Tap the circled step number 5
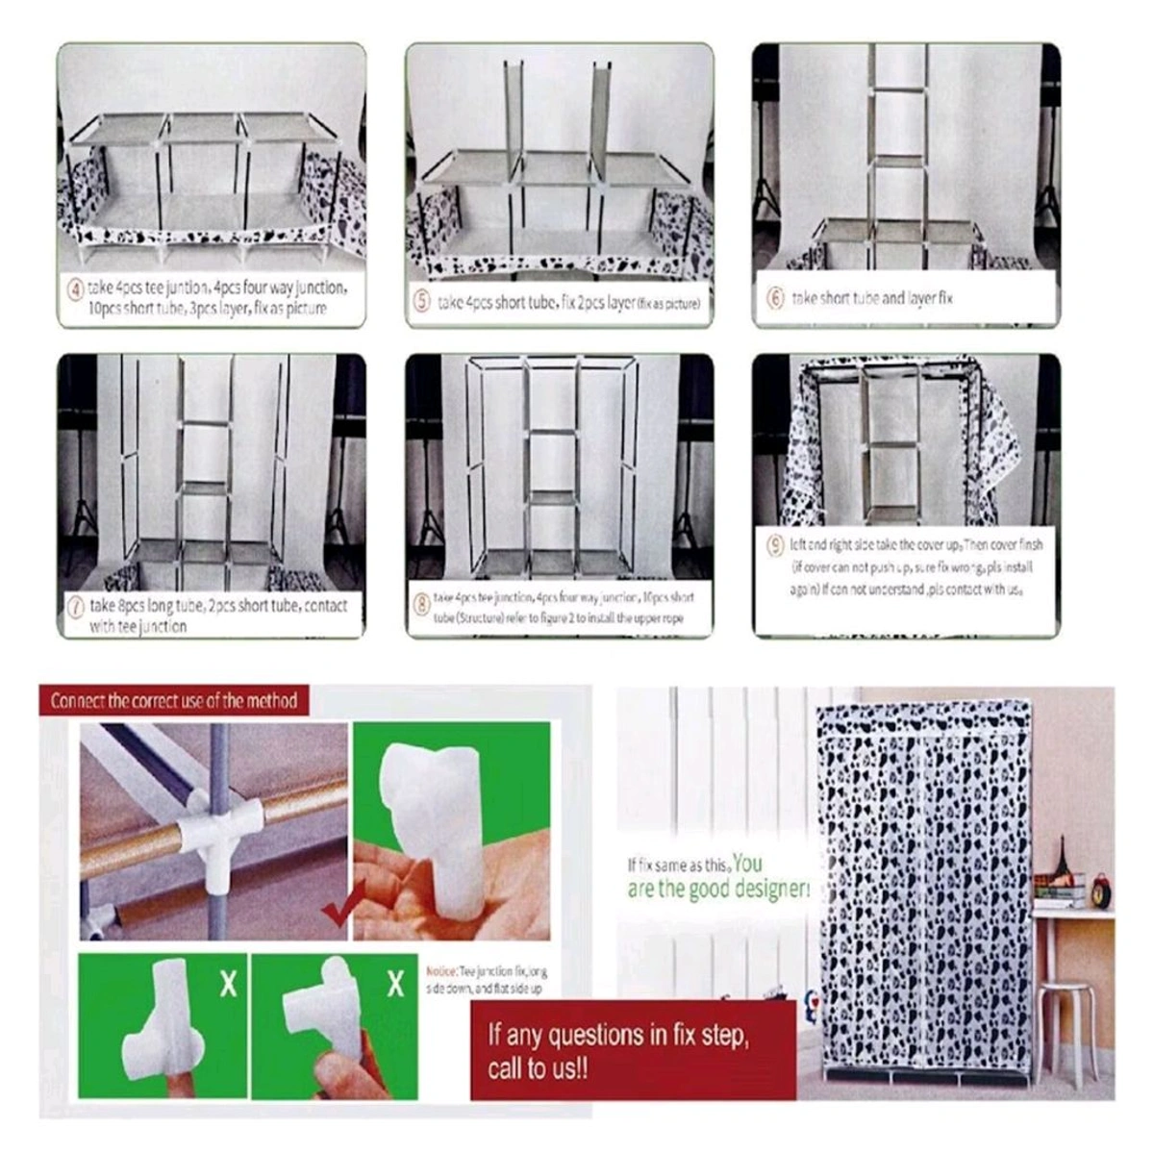(x=421, y=302)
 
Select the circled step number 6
(x=775, y=298)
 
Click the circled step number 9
(x=775, y=545)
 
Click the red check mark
(x=336, y=909)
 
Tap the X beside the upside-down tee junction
(x=228, y=984)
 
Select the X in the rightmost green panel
(x=395, y=984)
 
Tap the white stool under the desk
(x=1067, y=1019)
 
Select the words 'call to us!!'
(x=539, y=1069)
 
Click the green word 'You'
(x=747, y=862)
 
